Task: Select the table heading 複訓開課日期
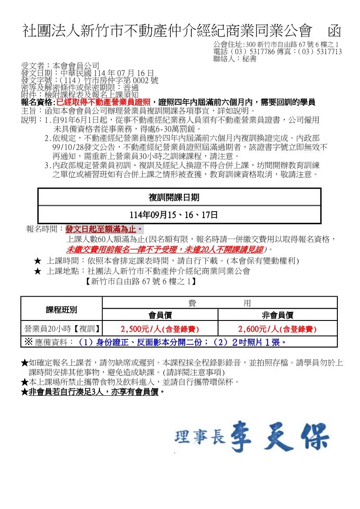[x=180, y=198]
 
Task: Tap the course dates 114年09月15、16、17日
[x=180, y=215]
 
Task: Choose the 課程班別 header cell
[x=61, y=310]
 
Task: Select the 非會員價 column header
[x=277, y=315]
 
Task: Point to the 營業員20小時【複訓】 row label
[x=61, y=329]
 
